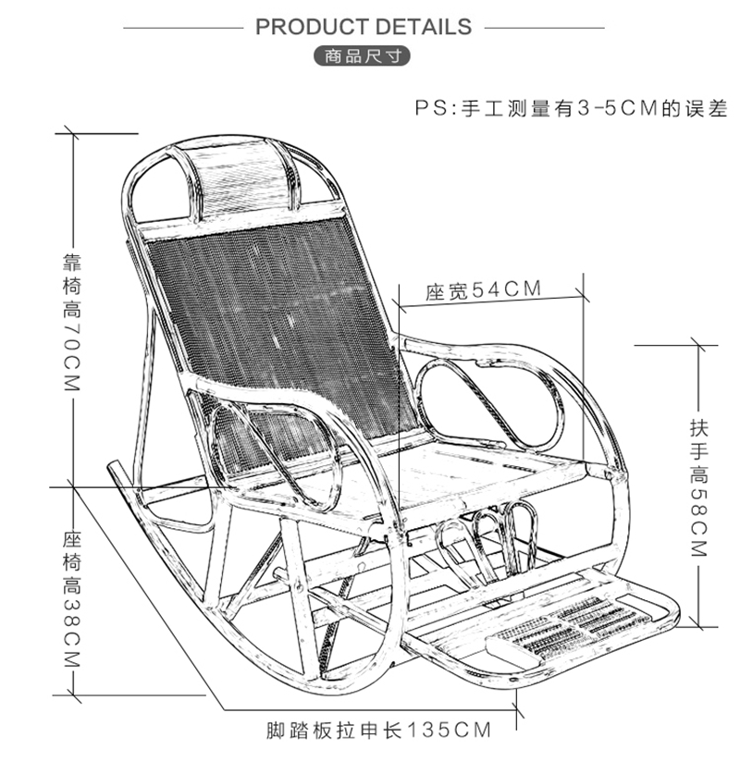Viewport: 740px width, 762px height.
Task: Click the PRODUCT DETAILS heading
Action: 364,26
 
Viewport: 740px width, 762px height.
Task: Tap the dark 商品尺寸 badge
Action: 364,55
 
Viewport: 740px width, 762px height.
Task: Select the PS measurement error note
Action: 570,108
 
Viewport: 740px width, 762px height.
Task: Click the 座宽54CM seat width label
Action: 483,290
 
